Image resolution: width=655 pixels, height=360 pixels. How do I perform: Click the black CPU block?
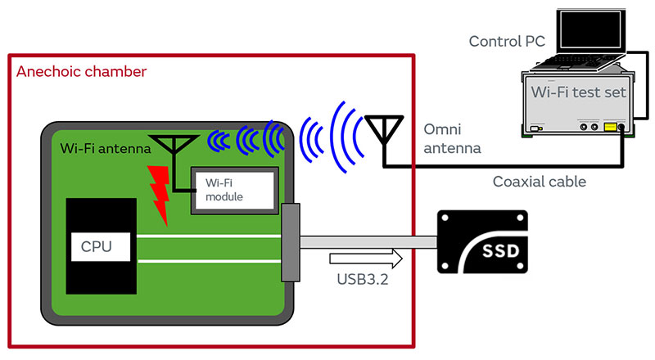(x=101, y=245)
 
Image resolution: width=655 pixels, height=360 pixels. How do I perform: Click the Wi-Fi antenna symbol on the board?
(x=173, y=146)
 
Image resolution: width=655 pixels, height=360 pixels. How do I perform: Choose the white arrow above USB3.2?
(x=367, y=260)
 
